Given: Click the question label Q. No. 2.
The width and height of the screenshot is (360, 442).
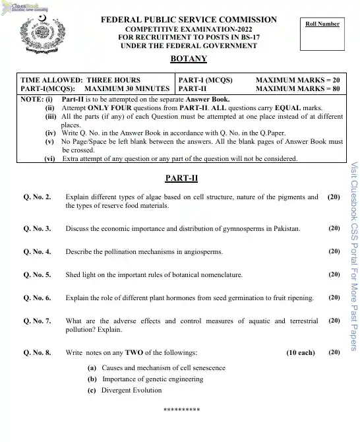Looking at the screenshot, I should point(37,197).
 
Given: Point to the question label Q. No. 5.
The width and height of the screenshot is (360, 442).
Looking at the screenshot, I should point(37,274).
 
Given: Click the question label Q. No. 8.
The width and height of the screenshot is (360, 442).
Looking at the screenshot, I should point(37,353).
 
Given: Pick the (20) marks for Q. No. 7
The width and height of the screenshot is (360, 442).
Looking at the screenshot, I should point(334,321).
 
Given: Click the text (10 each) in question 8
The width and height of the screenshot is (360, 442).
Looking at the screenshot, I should point(301,353).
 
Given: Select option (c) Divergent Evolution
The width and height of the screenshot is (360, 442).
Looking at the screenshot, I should point(125,391).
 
